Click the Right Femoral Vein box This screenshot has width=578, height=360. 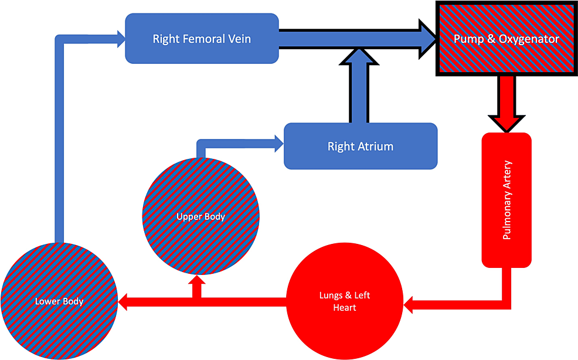pos(202,39)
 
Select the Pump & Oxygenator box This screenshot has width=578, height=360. pos(506,39)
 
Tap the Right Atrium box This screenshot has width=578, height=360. pos(361,146)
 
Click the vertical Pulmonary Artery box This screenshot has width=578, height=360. pos(506,199)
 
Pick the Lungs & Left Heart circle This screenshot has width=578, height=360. pos(345,302)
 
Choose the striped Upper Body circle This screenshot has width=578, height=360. pos(201,216)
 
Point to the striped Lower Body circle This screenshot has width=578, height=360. pos(59,301)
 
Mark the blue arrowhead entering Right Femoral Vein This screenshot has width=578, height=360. pos(121,39)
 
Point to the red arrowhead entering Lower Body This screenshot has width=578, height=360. pos(124,302)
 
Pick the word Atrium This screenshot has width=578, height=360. pos(376,147)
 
